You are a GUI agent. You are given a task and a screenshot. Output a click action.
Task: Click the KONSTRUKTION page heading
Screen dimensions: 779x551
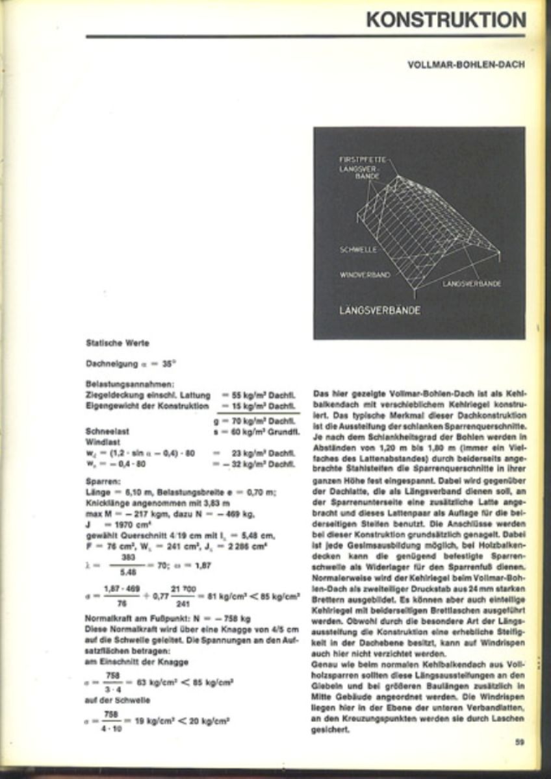[446, 19]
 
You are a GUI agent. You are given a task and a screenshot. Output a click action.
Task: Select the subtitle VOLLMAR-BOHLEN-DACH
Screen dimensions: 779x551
[466, 66]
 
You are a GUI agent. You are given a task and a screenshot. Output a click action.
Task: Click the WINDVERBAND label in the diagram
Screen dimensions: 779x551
[365, 275]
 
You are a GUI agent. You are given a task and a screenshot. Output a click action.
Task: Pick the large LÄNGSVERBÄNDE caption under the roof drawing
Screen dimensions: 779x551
[379, 310]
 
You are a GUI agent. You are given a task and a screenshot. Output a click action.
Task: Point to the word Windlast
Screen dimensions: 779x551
[101, 439]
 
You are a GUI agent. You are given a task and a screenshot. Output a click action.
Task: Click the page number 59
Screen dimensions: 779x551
[520, 742]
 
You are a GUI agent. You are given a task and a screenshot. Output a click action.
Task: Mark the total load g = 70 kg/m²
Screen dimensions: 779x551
[255, 421]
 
